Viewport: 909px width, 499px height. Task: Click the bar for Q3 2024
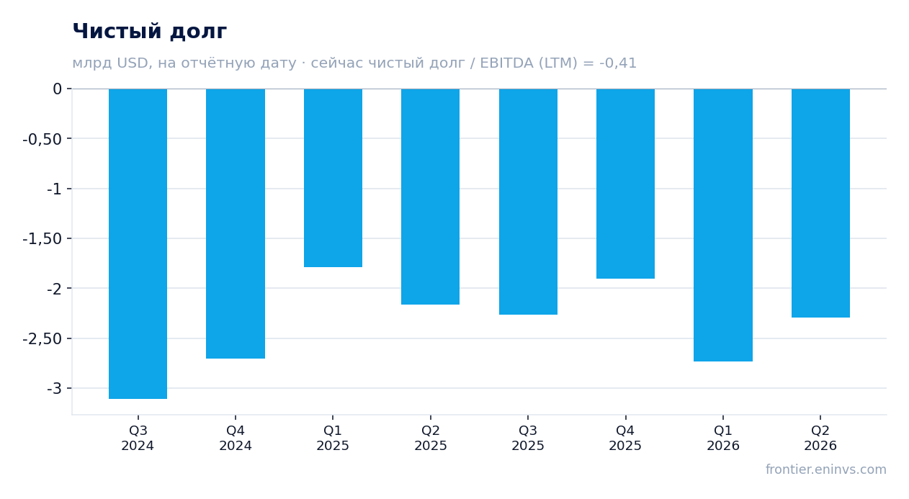(138, 244)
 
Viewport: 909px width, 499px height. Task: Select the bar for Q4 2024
(236, 223)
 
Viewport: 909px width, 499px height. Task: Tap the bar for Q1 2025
(333, 178)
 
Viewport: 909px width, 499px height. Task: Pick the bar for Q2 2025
(431, 197)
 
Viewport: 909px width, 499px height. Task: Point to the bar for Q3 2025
(529, 202)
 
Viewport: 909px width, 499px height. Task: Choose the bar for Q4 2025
(625, 184)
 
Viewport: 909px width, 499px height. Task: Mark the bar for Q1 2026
(723, 225)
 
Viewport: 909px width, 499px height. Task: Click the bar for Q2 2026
(820, 203)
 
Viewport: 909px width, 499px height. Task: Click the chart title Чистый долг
(149, 31)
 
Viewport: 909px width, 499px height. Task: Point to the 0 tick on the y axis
(57, 89)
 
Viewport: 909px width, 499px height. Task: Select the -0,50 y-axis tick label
(42, 139)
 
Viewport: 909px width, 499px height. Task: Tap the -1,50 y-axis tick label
(42, 239)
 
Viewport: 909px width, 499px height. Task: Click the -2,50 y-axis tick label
(42, 338)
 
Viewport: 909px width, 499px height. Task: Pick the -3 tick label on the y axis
(54, 389)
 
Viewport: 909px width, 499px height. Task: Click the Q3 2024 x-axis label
(138, 438)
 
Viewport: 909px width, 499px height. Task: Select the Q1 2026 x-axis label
(723, 438)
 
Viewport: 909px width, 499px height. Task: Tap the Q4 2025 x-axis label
(625, 438)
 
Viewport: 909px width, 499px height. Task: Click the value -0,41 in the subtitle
(618, 63)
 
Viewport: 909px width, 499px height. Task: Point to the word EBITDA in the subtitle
(506, 63)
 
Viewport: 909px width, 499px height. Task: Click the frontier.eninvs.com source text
(826, 469)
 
